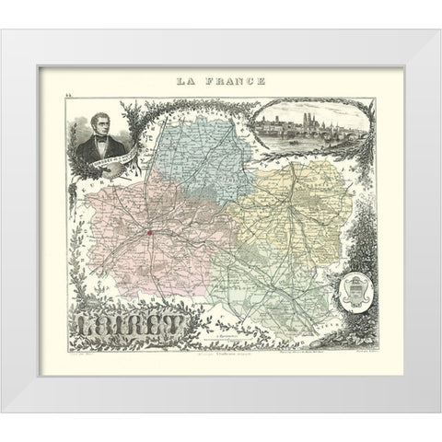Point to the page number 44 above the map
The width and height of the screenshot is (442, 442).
[69, 94]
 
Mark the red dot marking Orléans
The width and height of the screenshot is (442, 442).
[147, 233]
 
